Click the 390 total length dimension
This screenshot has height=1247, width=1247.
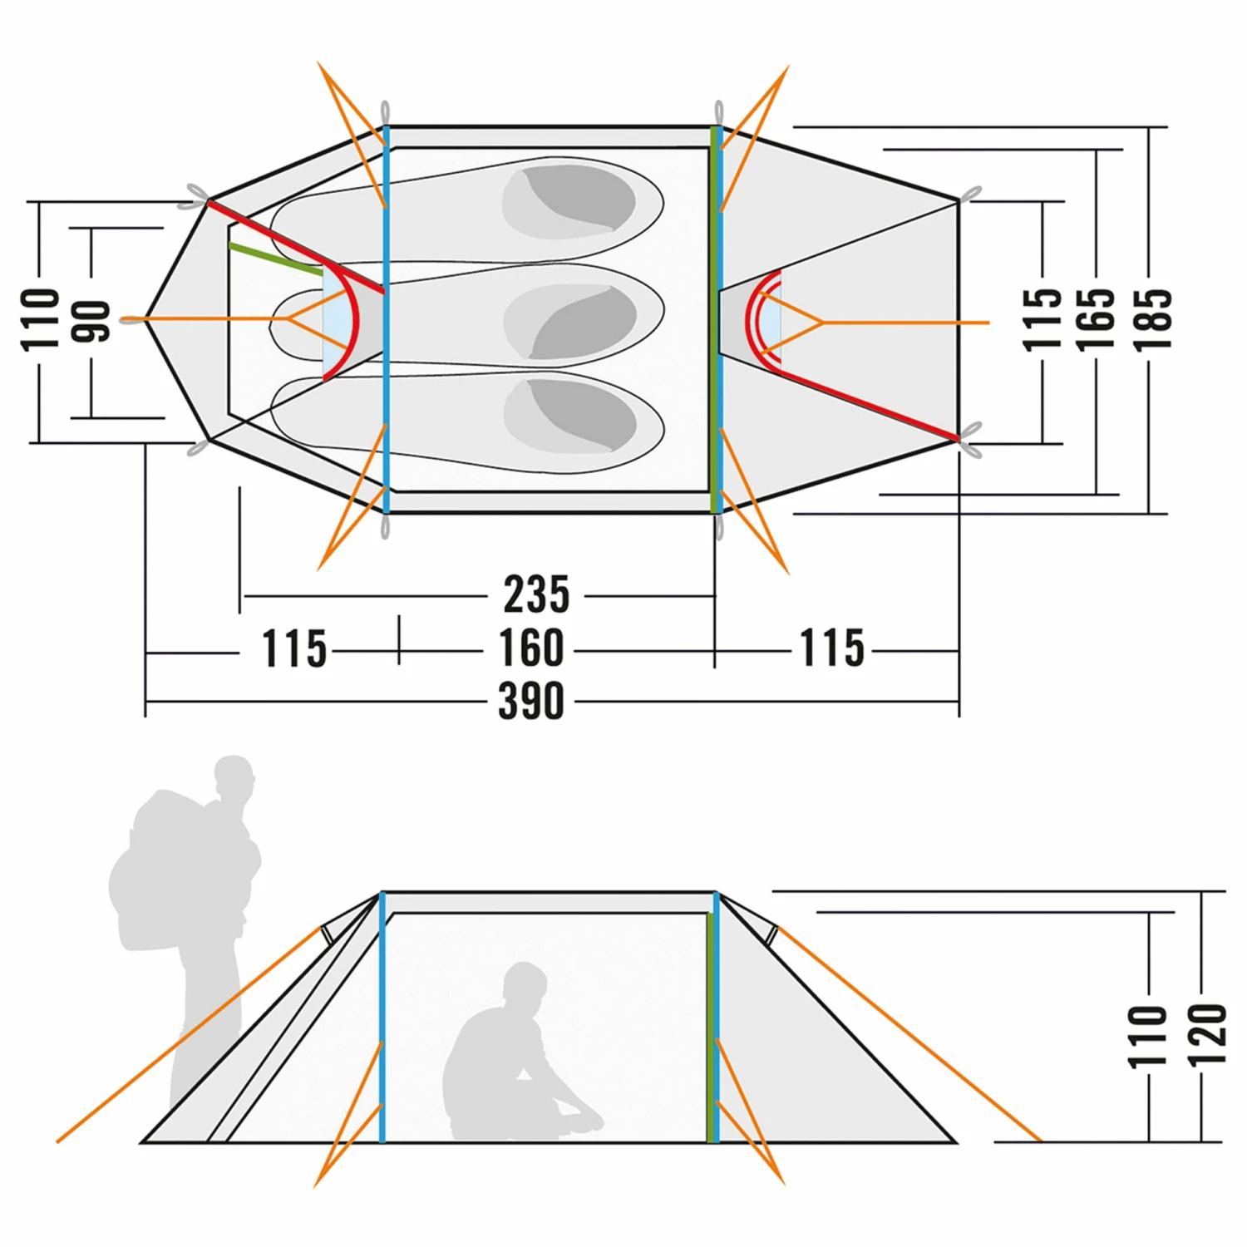coord(531,701)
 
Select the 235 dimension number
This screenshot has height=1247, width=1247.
coord(536,594)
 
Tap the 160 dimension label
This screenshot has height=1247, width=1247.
coord(531,648)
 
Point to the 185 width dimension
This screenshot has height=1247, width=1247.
coord(1153,319)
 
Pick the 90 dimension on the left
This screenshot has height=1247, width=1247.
coord(91,321)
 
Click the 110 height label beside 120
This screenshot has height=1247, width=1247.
coord(1148,1035)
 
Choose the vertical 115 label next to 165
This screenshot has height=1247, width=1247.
coord(1042,319)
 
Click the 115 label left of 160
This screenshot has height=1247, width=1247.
coord(294,648)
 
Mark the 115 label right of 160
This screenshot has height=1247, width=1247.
coord(831,648)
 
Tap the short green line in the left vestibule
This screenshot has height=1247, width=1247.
coord(275,259)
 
